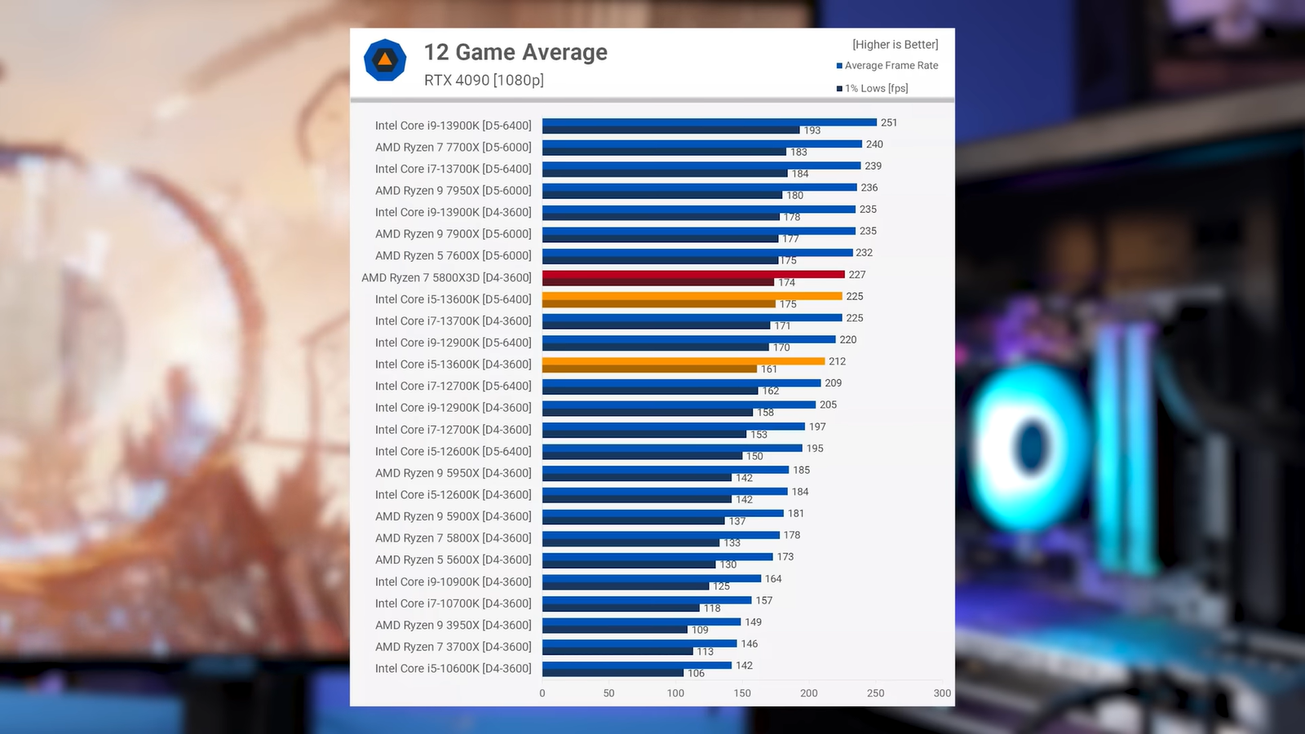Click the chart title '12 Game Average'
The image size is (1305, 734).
(x=515, y=52)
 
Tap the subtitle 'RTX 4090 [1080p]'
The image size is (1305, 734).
(x=484, y=80)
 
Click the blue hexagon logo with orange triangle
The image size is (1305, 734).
(x=385, y=60)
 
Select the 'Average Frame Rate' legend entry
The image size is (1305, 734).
(x=891, y=65)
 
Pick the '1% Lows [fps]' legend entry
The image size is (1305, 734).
(x=876, y=88)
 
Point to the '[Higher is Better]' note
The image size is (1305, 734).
(x=895, y=44)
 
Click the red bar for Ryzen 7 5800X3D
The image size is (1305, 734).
(x=693, y=274)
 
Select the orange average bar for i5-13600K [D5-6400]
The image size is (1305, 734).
(x=692, y=296)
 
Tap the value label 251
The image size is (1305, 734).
(x=889, y=122)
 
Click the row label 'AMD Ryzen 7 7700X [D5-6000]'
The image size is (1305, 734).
(x=453, y=147)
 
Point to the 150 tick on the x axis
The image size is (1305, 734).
(x=742, y=693)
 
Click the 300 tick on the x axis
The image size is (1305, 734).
(x=942, y=693)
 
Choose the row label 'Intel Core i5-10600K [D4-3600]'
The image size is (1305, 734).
(x=453, y=668)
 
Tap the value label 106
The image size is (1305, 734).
(x=696, y=673)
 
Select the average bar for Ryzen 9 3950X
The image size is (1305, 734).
(x=641, y=621)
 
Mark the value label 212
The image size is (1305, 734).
(x=837, y=361)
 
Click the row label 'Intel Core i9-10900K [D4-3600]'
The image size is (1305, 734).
(x=453, y=581)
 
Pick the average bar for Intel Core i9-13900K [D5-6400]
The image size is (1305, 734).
(x=710, y=122)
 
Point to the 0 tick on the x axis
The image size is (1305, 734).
(x=542, y=693)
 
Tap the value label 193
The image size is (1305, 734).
(x=812, y=130)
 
